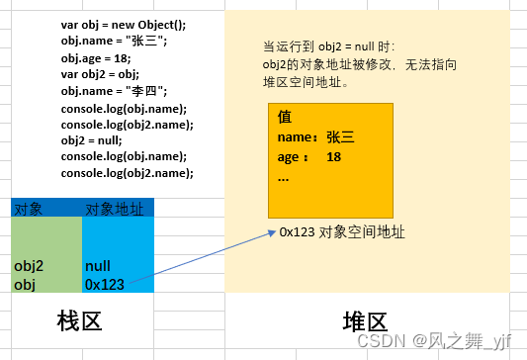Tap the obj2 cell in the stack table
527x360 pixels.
click(x=30, y=266)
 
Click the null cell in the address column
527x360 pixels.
click(x=98, y=266)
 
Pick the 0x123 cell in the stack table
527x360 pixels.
click(x=105, y=284)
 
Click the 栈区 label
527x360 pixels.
click(x=79, y=321)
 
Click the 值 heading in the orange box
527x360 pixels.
click(x=285, y=117)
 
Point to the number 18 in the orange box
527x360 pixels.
click(x=333, y=157)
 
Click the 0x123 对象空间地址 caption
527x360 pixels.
click(x=342, y=232)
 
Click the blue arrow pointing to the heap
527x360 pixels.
click(x=198, y=260)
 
